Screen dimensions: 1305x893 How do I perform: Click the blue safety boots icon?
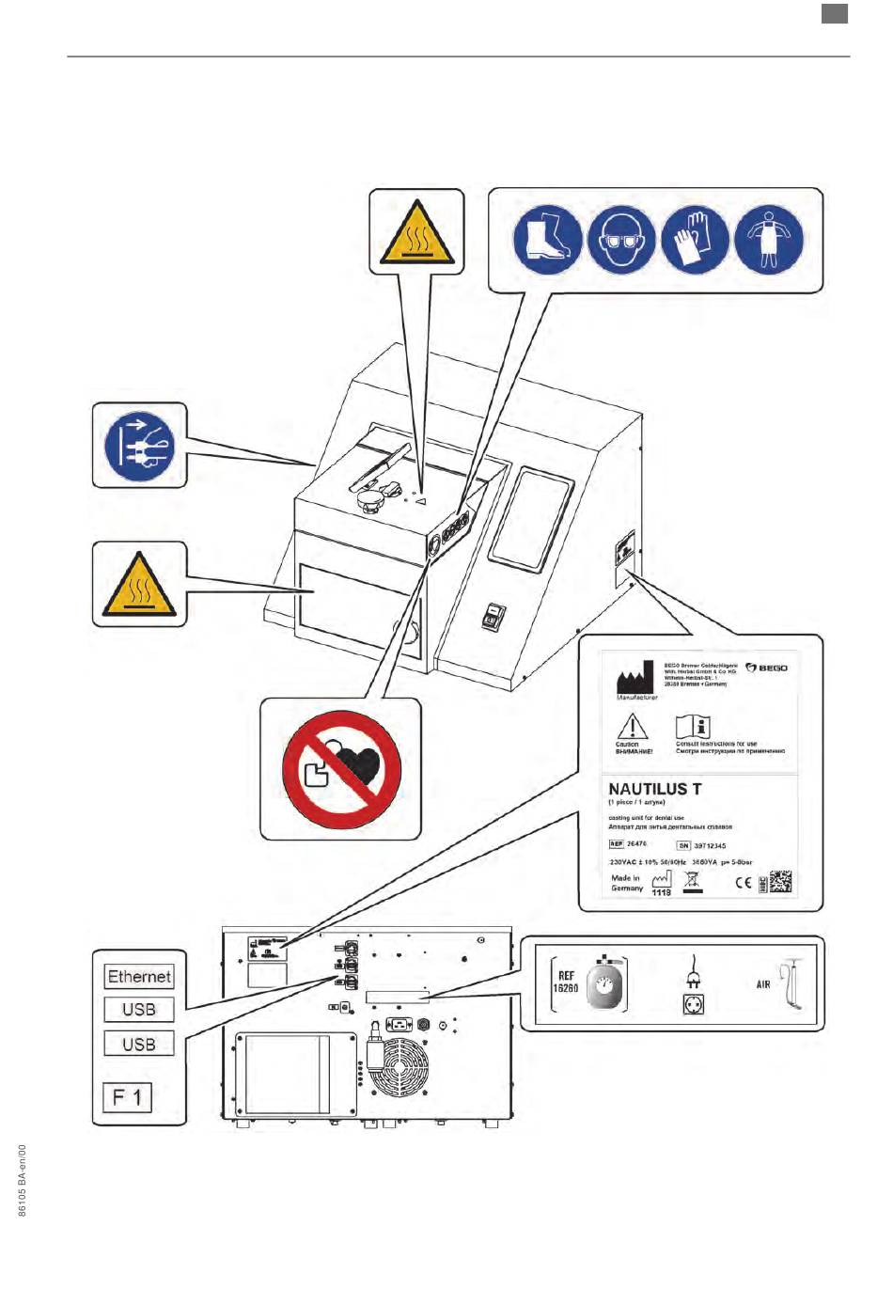[x=547, y=242]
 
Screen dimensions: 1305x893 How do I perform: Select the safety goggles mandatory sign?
[x=621, y=242]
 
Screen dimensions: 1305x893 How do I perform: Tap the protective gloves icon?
[x=696, y=242]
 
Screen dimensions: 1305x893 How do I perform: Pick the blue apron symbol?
[x=769, y=241]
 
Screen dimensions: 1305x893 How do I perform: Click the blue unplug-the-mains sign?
[x=140, y=446]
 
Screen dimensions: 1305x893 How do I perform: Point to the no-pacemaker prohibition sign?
[x=341, y=769]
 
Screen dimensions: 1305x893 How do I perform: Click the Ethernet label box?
[x=139, y=977]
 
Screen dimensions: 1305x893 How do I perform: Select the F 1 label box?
[x=127, y=1096]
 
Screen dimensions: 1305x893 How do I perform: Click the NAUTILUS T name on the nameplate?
[x=654, y=789]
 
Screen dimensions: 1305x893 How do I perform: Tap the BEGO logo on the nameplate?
[x=767, y=668]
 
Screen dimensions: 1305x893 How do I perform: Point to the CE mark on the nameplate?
[x=743, y=883]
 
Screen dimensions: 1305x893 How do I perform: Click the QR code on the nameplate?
[x=779, y=882]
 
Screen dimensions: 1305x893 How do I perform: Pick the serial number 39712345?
[x=710, y=845]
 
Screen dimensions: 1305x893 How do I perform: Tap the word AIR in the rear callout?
[x=763, y=984]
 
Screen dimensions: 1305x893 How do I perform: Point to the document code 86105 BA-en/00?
[x=23, y=1180]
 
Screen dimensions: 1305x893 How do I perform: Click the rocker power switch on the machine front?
[x=493, y=616]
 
